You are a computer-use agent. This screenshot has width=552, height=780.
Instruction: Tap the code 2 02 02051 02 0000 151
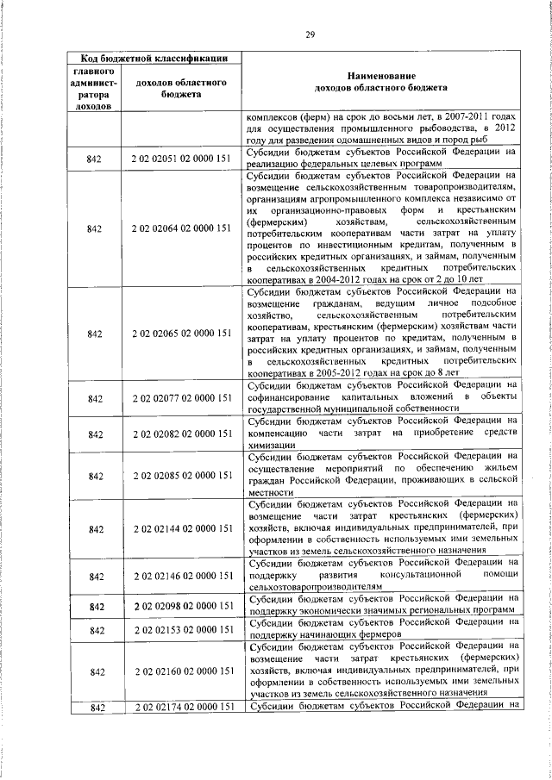click(x=181, y=159)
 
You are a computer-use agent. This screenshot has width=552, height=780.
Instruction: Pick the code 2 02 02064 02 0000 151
click(x=181, y=228)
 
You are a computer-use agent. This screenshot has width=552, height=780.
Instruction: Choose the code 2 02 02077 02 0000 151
click(x=181, y=397)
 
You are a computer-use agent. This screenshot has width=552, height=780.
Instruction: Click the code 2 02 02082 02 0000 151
click(x=181, y=434)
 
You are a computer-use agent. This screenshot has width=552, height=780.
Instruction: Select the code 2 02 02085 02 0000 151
click(x=181, y=475)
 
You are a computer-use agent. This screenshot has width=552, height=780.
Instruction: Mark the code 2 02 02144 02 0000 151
click(x=181, y=527)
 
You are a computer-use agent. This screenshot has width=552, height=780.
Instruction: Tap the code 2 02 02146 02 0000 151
click(x=181, y=574)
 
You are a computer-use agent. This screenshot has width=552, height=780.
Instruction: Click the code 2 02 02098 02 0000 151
click(x=181, y=607)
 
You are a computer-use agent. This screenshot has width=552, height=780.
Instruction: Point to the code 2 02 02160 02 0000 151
click(x=181, y=670)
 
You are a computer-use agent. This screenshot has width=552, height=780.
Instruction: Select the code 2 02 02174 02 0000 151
click(x=181, y=708)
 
